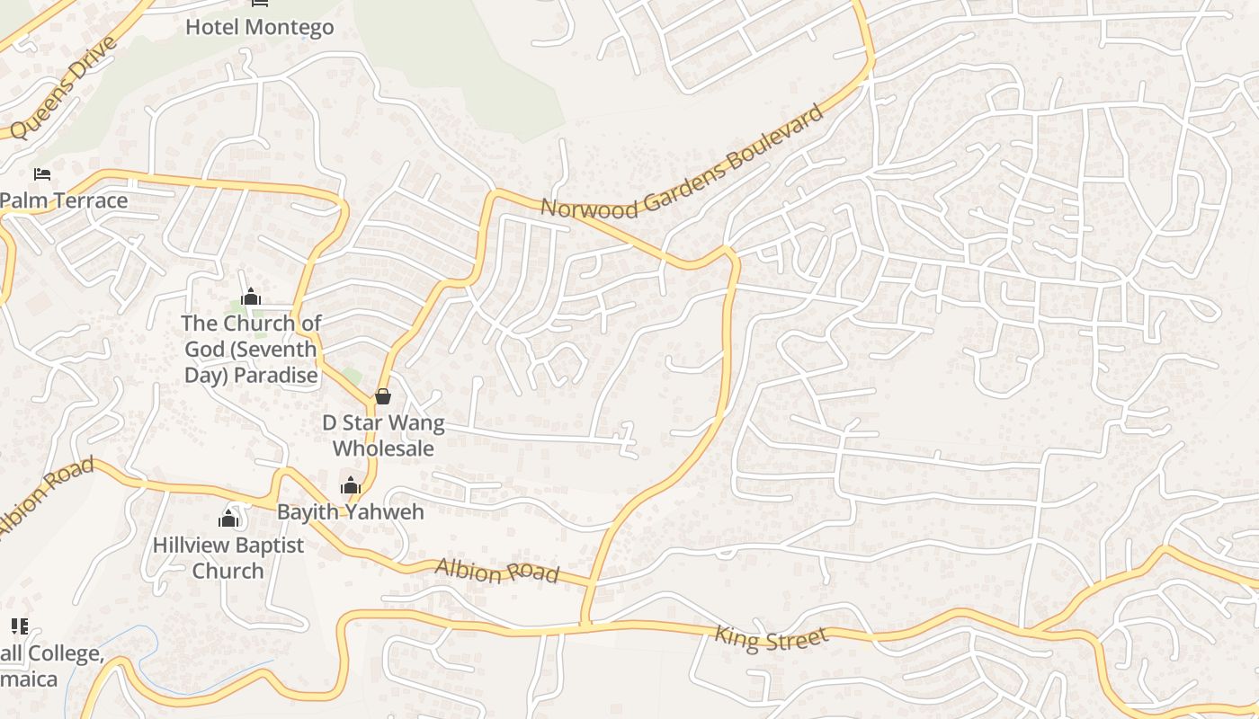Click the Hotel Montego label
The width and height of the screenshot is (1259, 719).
259,27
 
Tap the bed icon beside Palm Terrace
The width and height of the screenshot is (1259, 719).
42,173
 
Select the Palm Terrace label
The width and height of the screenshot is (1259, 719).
65,200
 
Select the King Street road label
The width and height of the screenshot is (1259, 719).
771,638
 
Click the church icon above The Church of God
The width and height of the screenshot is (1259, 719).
251,297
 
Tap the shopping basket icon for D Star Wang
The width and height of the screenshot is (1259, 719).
383,395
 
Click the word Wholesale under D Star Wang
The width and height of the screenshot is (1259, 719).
384,448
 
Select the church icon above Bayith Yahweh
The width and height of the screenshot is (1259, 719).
351,486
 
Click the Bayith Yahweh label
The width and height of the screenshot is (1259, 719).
350,511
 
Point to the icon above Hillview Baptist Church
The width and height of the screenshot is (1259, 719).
228,519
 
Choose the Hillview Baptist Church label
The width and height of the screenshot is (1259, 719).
228,557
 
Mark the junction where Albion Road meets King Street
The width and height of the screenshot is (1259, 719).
585,624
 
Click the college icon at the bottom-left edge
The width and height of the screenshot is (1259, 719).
19,626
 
